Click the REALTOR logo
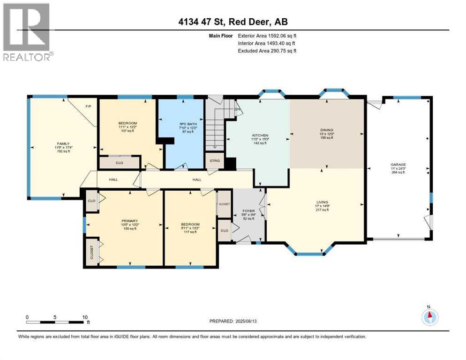coord(28,32)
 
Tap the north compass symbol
coord(429,317)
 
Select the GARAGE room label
coord(398,165)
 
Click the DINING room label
coord(327,130)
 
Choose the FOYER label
coord(248,211)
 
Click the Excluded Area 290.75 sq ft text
coord(267,51)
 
